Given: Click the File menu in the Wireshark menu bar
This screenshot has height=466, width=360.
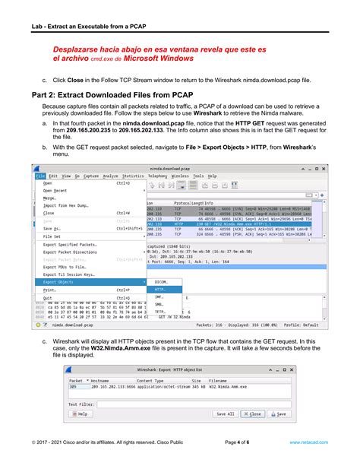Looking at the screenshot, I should pyautogui.click(x=39, y=176).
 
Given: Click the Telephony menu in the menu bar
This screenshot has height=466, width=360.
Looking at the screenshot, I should pyautogui.click(x=158, y=176).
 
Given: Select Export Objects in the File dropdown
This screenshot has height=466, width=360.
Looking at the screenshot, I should pyautogui.click(x=60, y=282).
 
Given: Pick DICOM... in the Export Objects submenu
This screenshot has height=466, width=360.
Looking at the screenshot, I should pyautogui.click(x=161, y=282).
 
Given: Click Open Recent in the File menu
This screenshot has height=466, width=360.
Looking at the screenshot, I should pyautogui.click(x=57, y=191).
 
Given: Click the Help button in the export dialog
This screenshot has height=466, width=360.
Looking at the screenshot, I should pyautogui.click(x=80, y=414).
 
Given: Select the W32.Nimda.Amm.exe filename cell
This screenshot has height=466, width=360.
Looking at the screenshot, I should pyautogui.click(x=229, y=387).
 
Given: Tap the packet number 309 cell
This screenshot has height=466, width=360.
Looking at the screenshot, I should pyautogui.click(x=74, y=387).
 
